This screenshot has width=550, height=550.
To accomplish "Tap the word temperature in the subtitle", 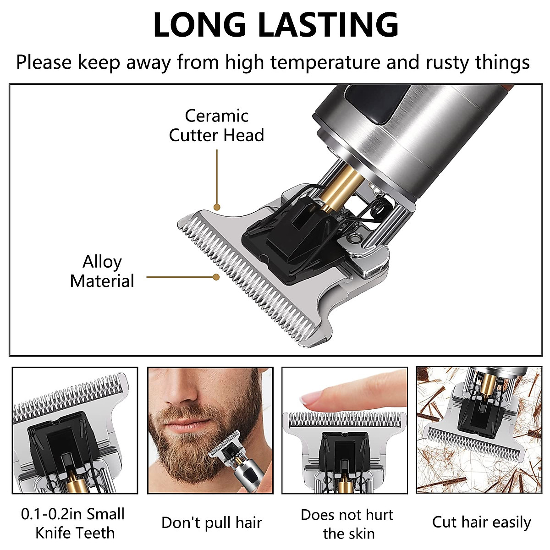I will click(x=325, y=62).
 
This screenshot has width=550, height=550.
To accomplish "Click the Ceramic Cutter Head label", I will click(x=216, y=126).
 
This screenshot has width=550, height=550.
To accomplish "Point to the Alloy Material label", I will click(x=102, y=271).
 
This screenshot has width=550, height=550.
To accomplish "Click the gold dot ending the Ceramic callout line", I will click(x=217, y=207).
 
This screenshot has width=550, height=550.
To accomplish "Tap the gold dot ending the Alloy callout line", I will click(x=216, y=277).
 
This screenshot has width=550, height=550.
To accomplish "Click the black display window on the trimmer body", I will click(x=367, y=103).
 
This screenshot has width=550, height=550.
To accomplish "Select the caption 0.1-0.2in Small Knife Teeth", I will click(x=73, y=523).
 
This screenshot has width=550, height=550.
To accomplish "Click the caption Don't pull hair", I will click(x=211, y=522).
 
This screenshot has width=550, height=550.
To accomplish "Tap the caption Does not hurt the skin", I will click(x=347, y=524).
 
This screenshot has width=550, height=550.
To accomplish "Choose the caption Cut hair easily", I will click(x=481, y=522).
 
